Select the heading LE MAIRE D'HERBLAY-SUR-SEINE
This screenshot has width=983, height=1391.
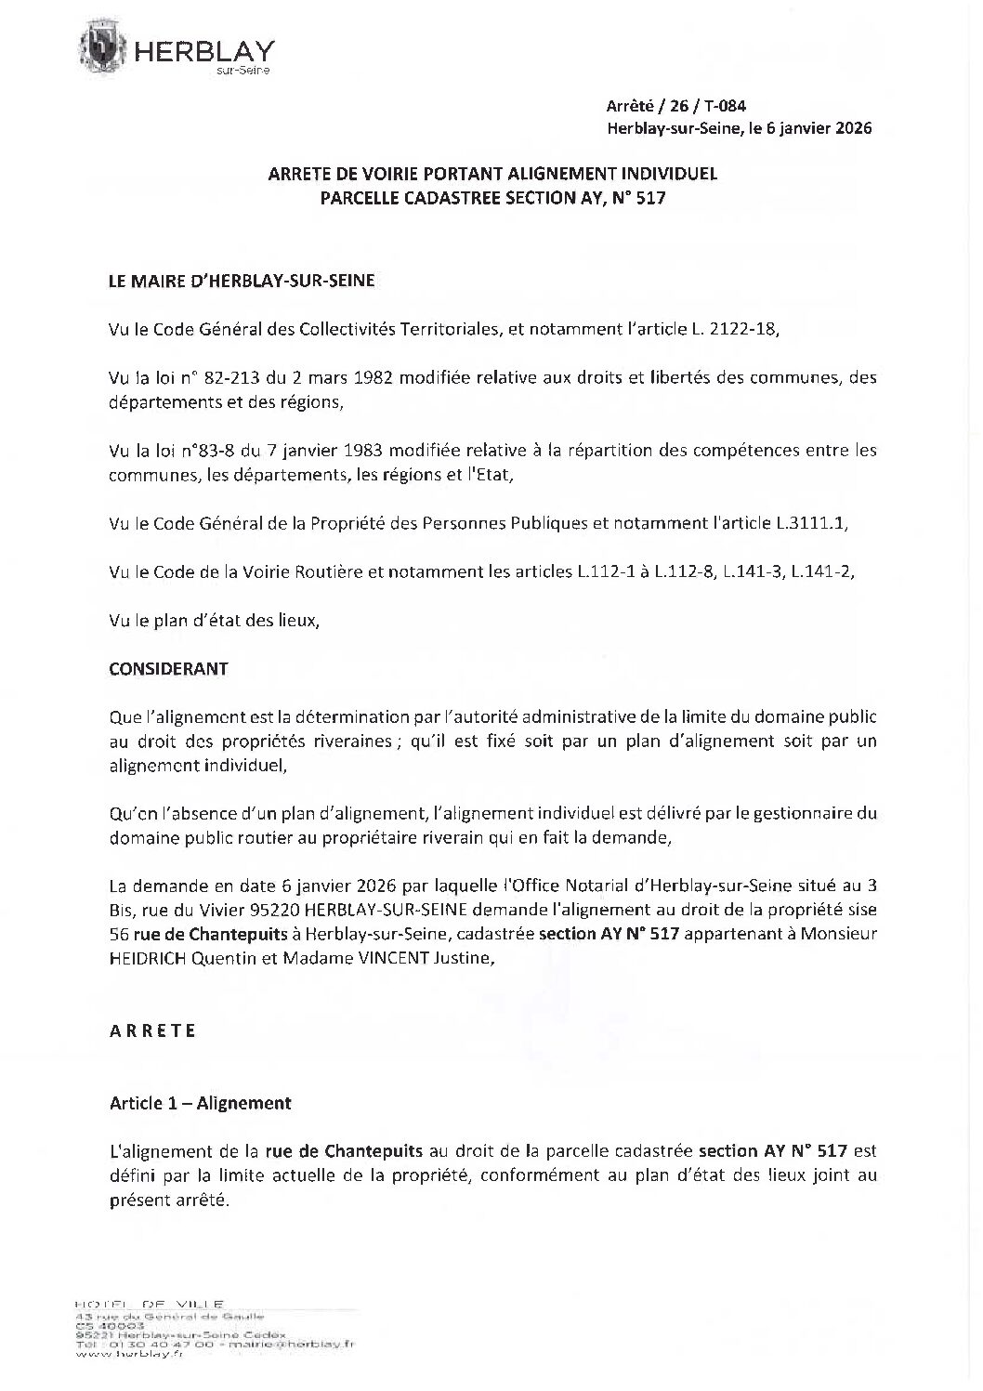tap(242, 280)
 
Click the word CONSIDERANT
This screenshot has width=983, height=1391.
tap(168, 669)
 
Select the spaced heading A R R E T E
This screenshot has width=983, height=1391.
tap(152, 1030)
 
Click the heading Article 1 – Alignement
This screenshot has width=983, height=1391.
tap(200, 1103)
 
